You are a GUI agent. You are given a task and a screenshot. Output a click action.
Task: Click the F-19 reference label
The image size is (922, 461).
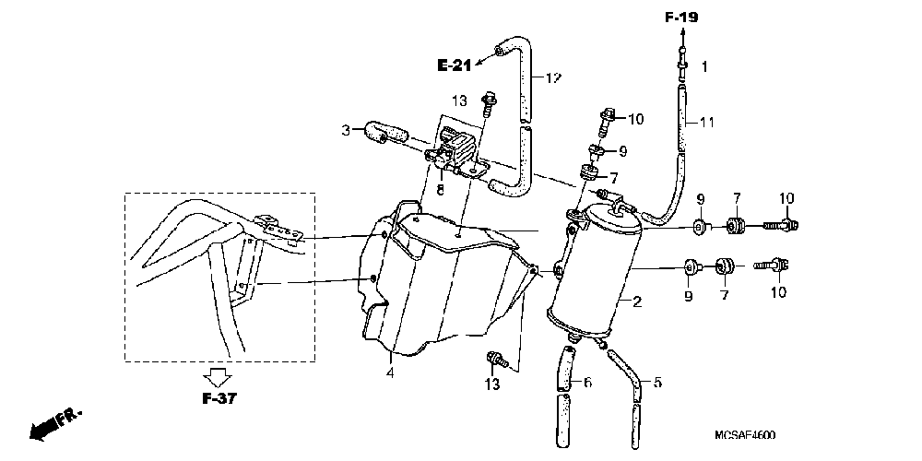(x=682, y=16)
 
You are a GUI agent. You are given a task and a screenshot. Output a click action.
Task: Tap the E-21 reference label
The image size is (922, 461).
(x=455, y=65)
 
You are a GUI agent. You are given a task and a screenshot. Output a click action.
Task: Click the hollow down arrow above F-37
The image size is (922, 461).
(x=217, y=376)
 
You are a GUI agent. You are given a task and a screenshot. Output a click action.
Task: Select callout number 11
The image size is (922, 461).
(x=705, y=122)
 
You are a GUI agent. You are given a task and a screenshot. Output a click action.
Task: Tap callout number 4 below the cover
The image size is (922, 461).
(x=389, y=372)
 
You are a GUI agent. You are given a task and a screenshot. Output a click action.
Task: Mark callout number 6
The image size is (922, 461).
(x=587, y=381)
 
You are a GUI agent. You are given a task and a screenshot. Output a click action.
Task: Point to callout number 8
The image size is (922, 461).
(x=441, y=191)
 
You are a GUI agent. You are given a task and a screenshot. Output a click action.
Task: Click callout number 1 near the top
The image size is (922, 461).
(x=704, y=66)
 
